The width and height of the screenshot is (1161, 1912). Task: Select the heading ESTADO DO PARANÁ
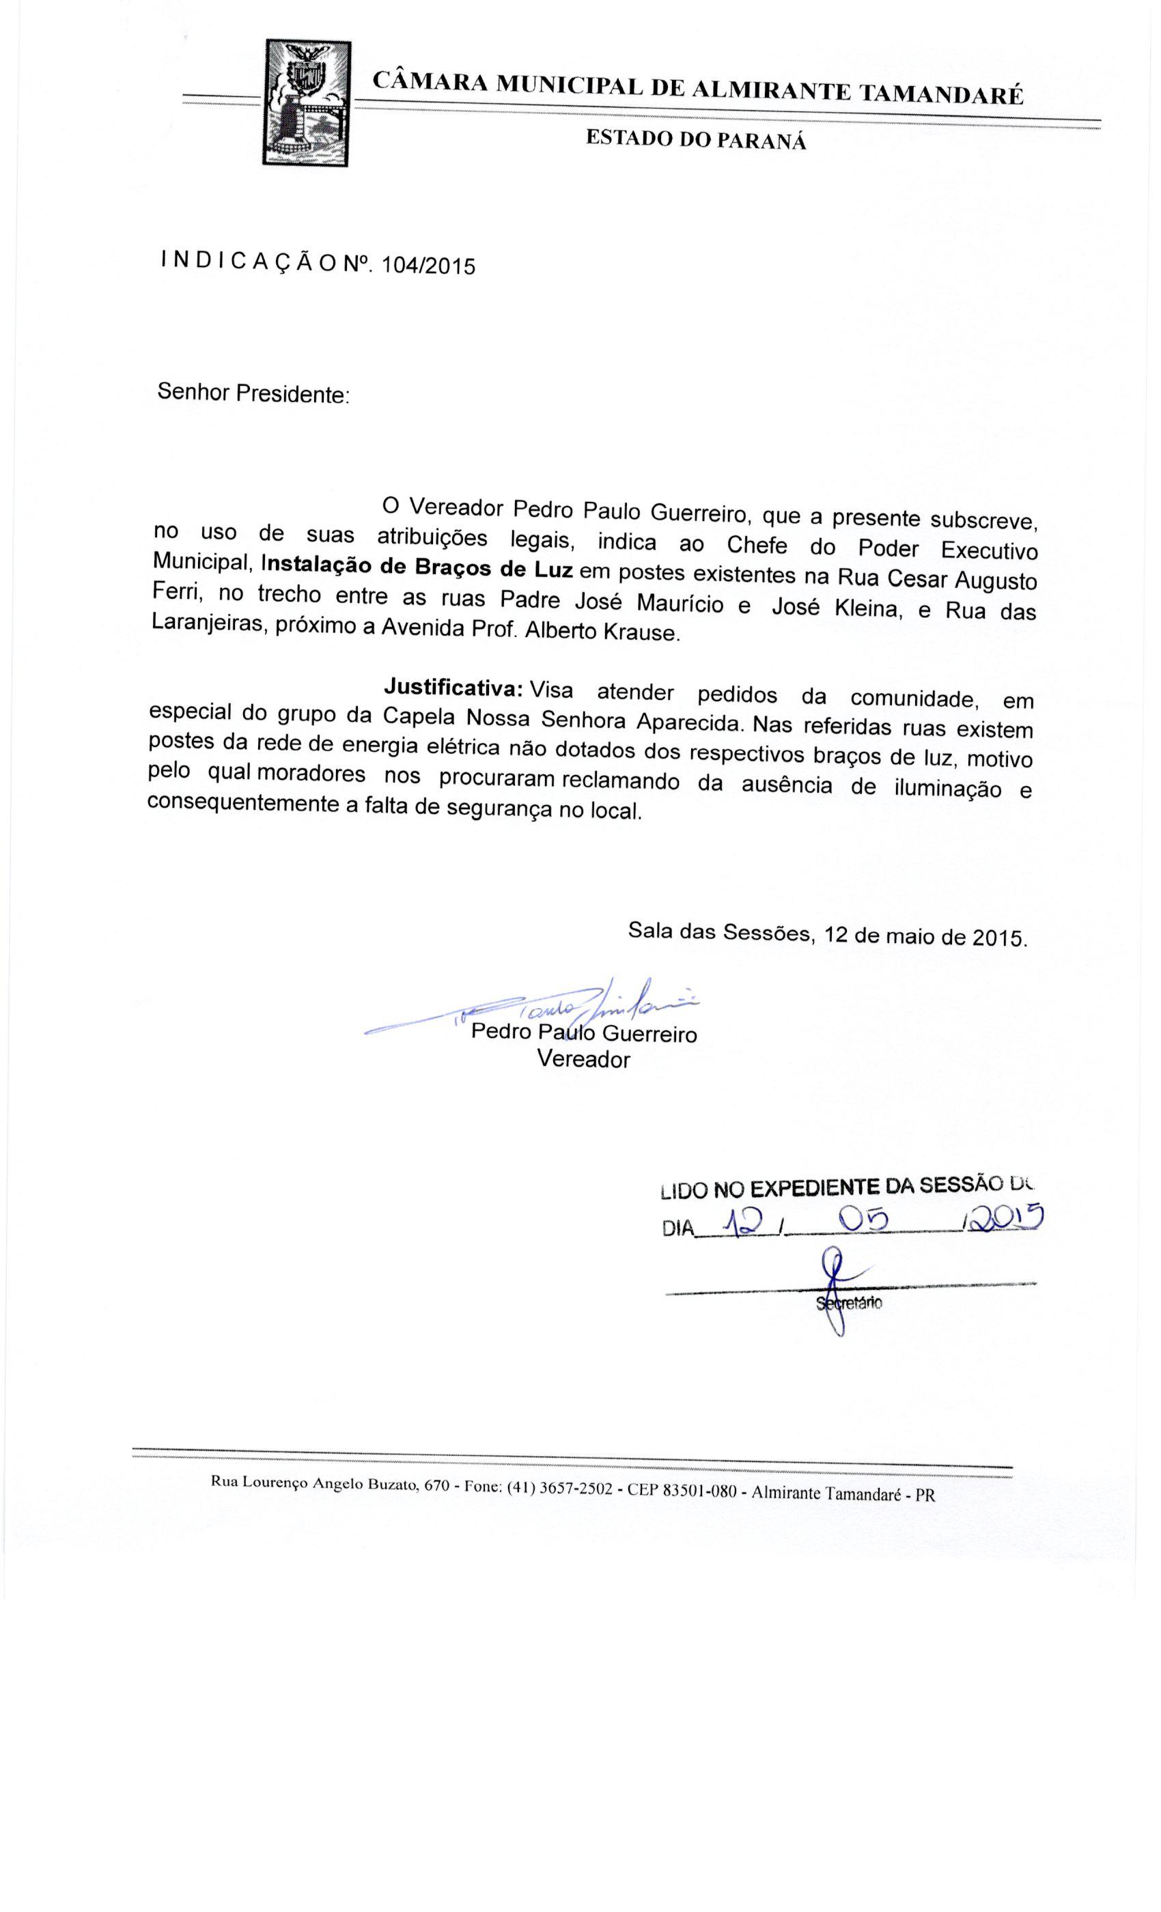[695, 140]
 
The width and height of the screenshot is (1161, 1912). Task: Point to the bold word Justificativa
[455, 687]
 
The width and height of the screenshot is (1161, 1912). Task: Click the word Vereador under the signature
[584, 1059]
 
